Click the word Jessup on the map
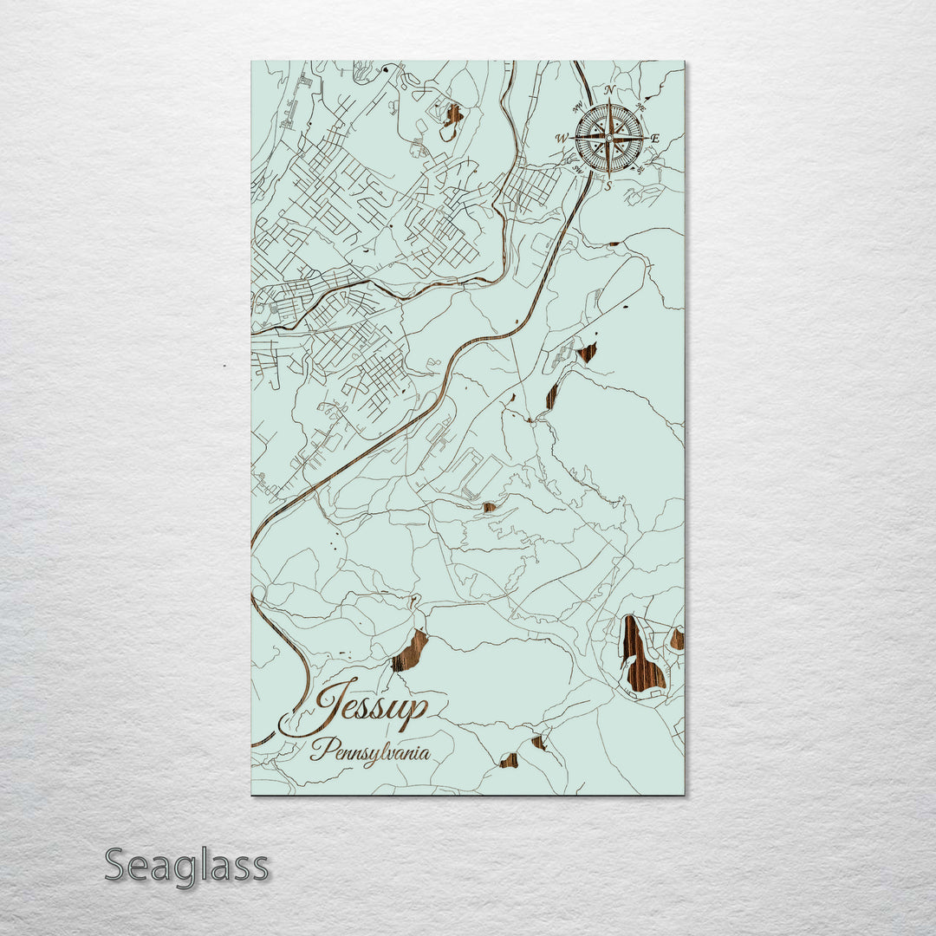[x=371, y=707]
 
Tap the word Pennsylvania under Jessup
[x=370, y=751]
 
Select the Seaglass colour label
[x=186, y=866]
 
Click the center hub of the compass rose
[x=609, y=137]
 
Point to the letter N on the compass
[x=609, y=90]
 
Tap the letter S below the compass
[x=609, y=185]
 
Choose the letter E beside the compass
[x=654, y=138]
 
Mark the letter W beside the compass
[x=562, y=138]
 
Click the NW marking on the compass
[x=578, y=107]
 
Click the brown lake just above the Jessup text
[x=410, y=652]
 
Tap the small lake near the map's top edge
[x=452, y=114]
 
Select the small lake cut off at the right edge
[x=677, y=640]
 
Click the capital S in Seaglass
[x=119, y=865]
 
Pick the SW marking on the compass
[x=578, y=169]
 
